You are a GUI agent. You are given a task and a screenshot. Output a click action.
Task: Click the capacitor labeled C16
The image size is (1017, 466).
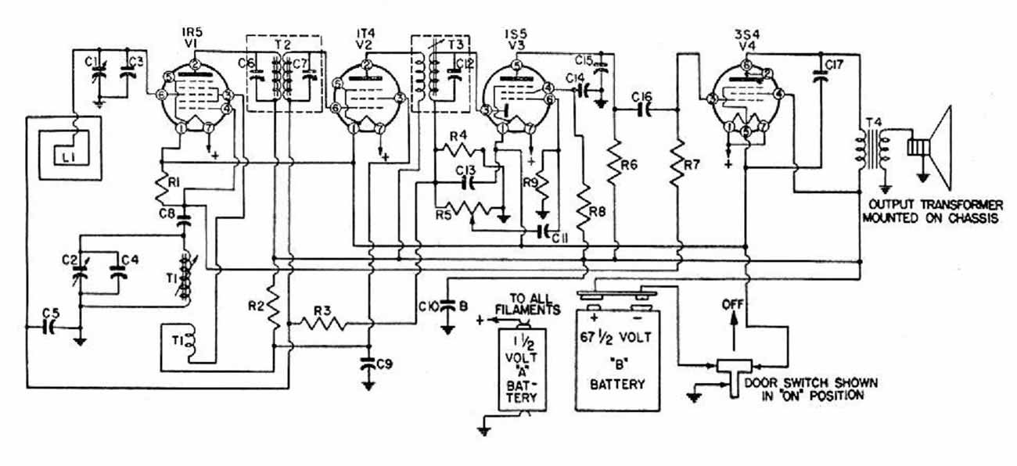[x=643, y=110]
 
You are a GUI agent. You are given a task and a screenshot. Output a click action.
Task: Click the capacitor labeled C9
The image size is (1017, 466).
[x=369, y=364]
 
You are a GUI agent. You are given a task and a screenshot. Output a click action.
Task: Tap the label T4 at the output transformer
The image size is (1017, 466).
[x=871, y=123]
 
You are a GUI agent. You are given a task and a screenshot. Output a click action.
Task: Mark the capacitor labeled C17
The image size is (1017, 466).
[x=821, y=76]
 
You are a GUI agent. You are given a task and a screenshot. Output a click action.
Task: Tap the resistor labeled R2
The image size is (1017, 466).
[x=274, y=311]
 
